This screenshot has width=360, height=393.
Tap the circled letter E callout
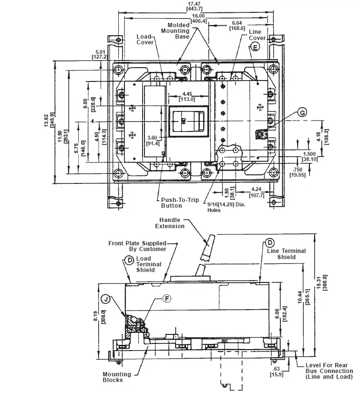pos(255,47)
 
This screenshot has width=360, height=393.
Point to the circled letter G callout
pos(302,113)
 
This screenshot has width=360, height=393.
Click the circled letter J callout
pos(106,299)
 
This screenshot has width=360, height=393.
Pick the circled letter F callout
pos(166,299)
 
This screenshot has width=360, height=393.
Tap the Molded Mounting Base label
pos(178,30)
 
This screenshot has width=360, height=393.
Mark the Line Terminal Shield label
pos(287,254)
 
